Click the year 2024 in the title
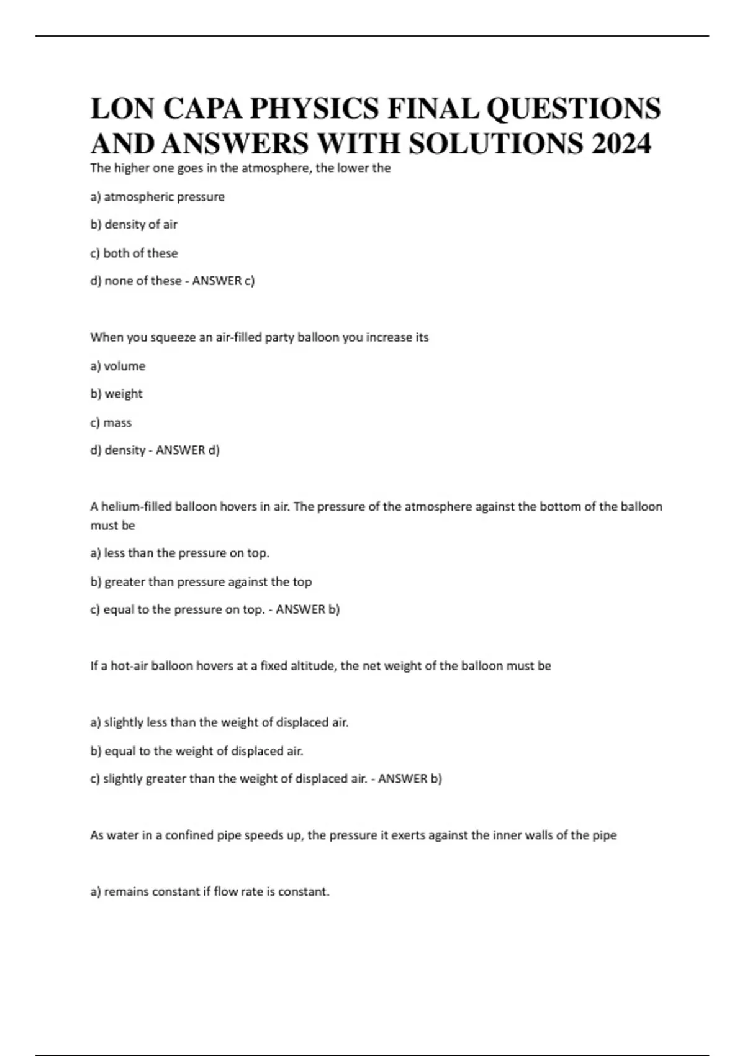[x=621, y=143]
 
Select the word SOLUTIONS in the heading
[x=496, y=143]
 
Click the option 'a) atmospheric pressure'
[x=157, y=197]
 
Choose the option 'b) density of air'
[x=133, y=225]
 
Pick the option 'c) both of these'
[x=134, y=253]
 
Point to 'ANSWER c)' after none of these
[x=223, y=281]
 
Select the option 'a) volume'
[x=117, y=366]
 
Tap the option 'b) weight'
[x=116, y=394]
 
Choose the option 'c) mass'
[x=111, y=422]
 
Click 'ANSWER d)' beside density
[x=187, y=450]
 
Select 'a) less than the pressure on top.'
[x=179, y=553]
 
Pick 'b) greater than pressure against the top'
[x=201, y=582]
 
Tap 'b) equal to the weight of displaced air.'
[x=196, y=751]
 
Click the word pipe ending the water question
[x=604, y=835]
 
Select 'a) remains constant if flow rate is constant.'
[x=209, y=892]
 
